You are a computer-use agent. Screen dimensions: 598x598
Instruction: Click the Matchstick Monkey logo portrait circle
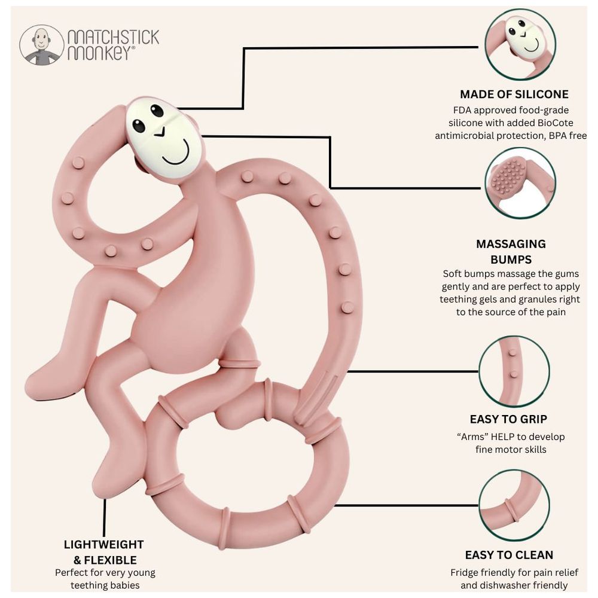(x=42, y=45)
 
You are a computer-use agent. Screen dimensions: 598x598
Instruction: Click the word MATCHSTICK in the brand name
(x=113, y=37)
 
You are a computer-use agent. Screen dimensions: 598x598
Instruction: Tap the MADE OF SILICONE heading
(x=514, y=94)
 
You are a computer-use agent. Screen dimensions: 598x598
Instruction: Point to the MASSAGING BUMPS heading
(x=511, y=252)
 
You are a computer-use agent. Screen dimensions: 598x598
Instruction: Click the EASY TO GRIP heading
(x=508, y=419)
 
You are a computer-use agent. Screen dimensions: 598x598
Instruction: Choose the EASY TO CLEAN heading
(x=509, y=555)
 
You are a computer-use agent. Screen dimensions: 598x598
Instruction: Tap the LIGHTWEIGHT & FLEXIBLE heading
(x=103, y=552)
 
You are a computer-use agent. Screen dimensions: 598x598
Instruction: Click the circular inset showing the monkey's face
(x=520, y=44)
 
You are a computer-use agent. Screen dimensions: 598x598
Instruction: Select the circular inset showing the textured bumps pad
(x=520, y=183)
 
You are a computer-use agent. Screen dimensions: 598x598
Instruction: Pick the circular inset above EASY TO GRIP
(x=514, y=371)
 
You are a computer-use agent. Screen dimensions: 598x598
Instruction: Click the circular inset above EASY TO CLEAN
(x=514, y=505)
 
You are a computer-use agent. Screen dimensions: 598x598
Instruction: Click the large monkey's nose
(x=160, y=132)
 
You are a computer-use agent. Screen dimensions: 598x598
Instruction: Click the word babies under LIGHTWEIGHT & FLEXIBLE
(x=124, y=585)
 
